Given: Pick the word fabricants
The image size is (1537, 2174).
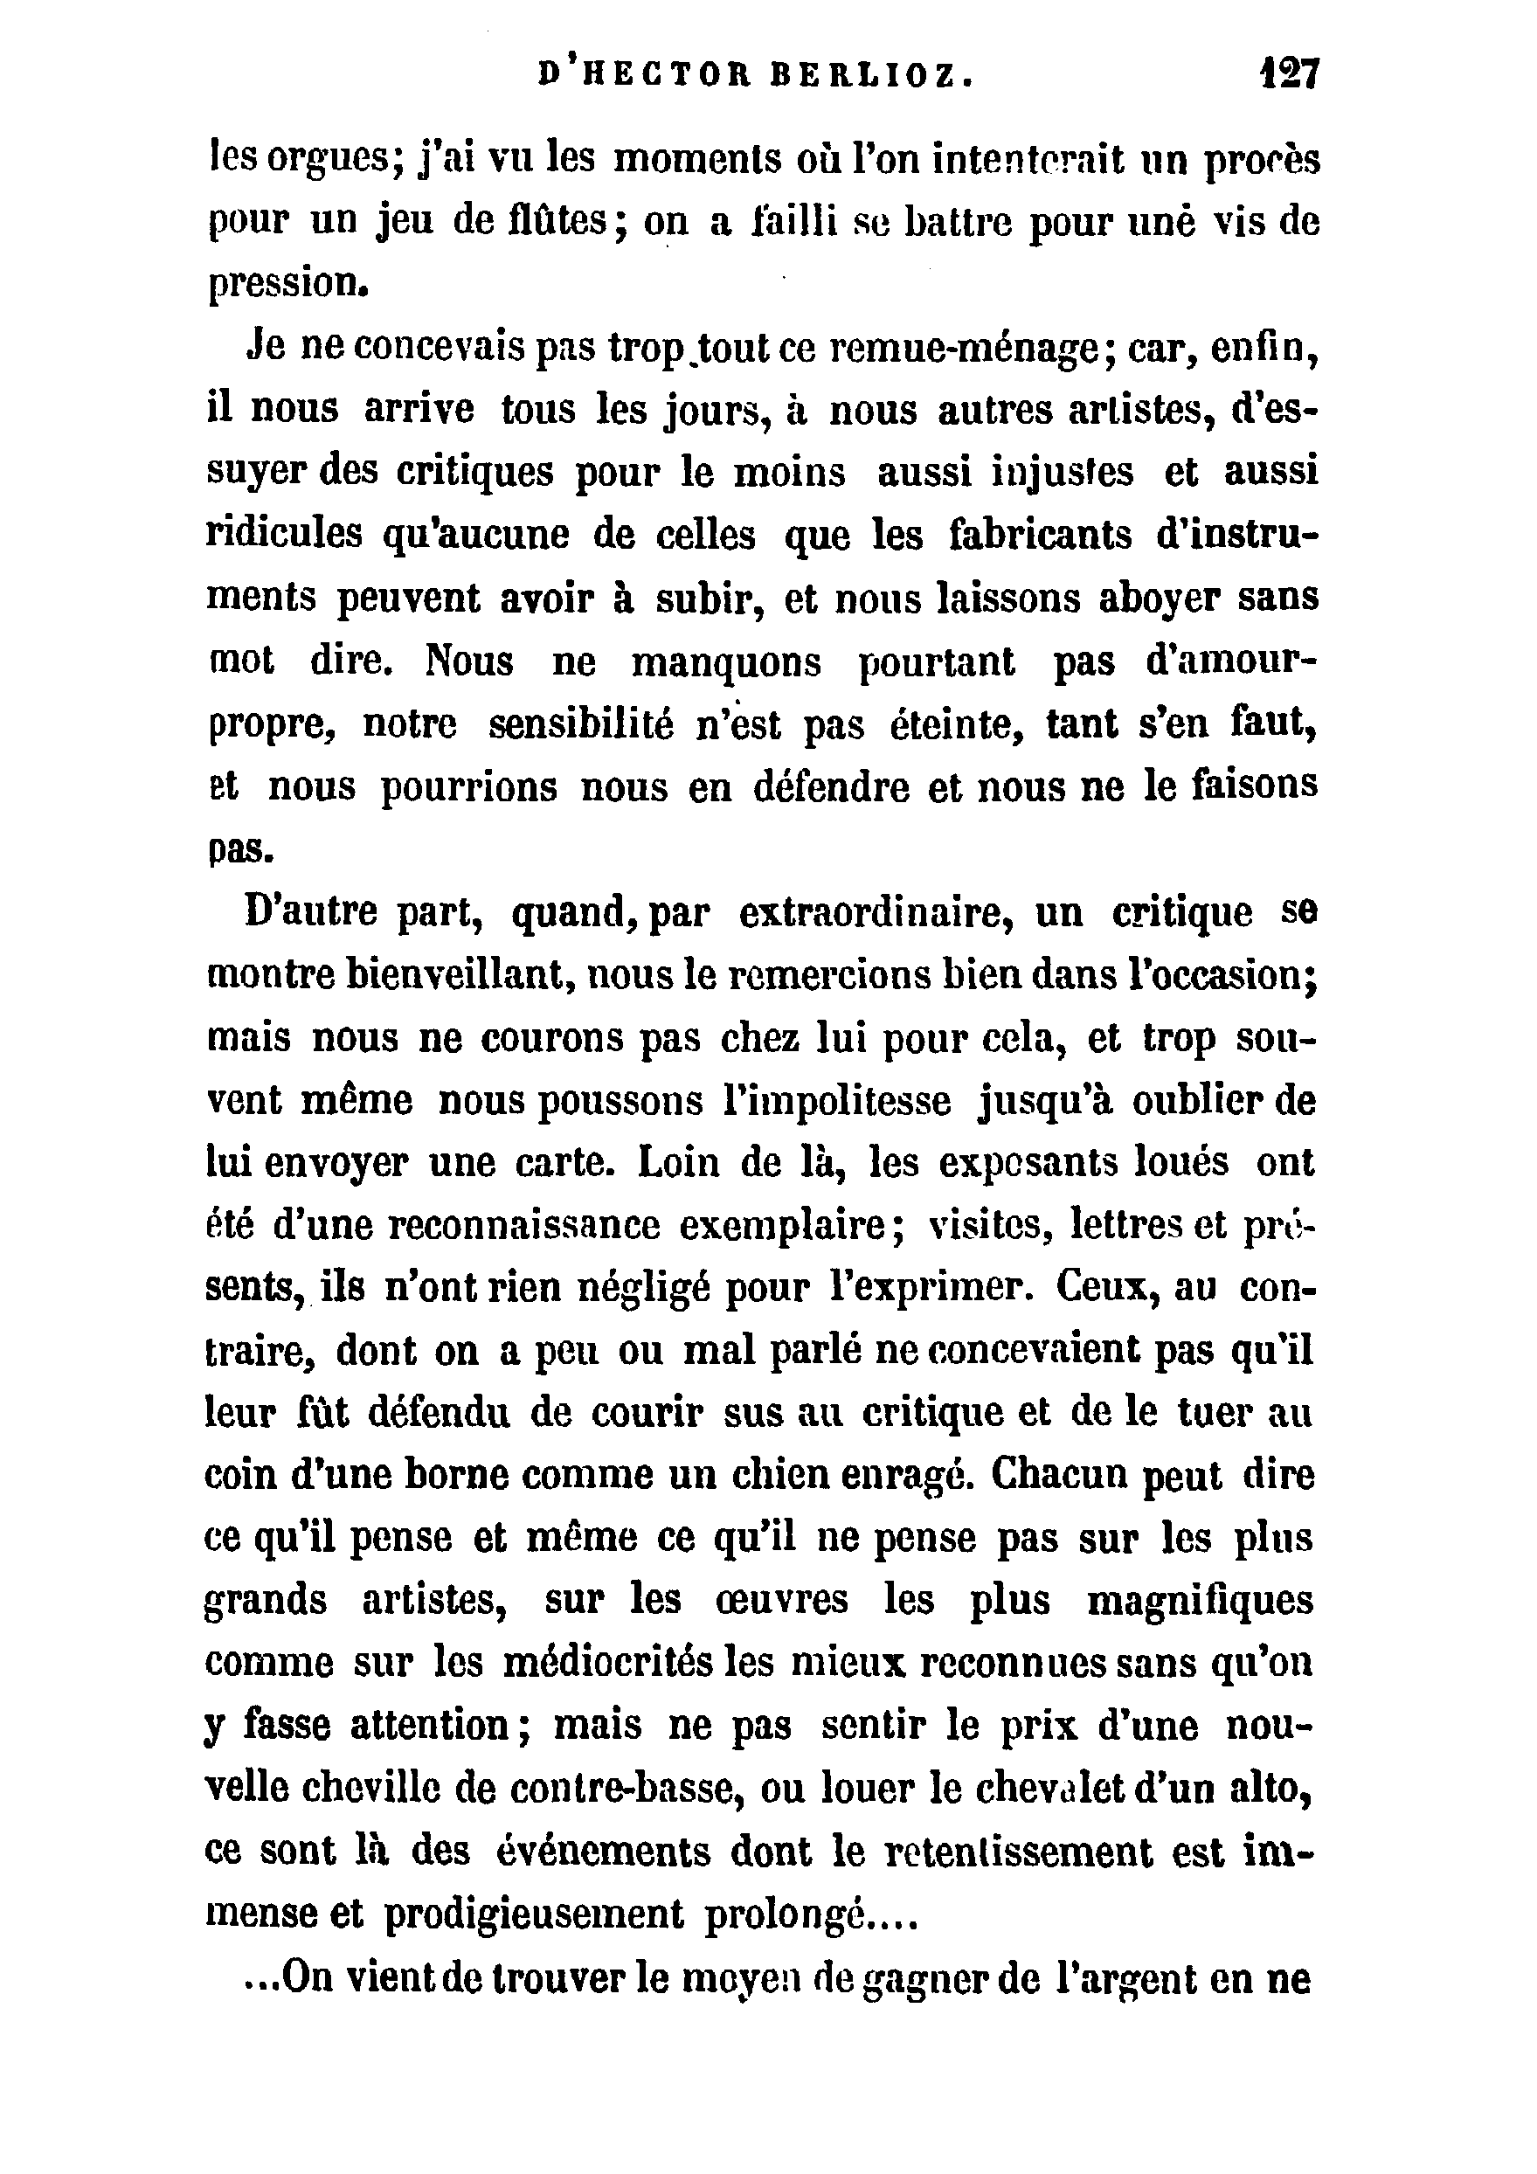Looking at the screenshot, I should [1041, 536].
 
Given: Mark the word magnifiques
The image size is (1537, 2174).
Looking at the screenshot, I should [1200, 1601].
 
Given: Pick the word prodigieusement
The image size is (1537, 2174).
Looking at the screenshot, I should [532, 1915].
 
